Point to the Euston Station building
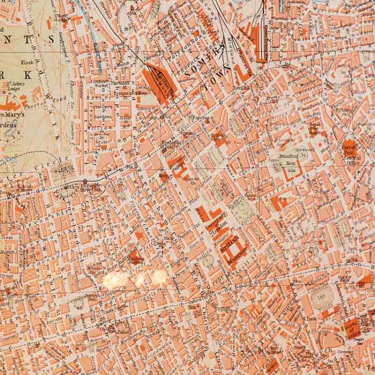point(161,81)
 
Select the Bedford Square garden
point(208,258)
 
